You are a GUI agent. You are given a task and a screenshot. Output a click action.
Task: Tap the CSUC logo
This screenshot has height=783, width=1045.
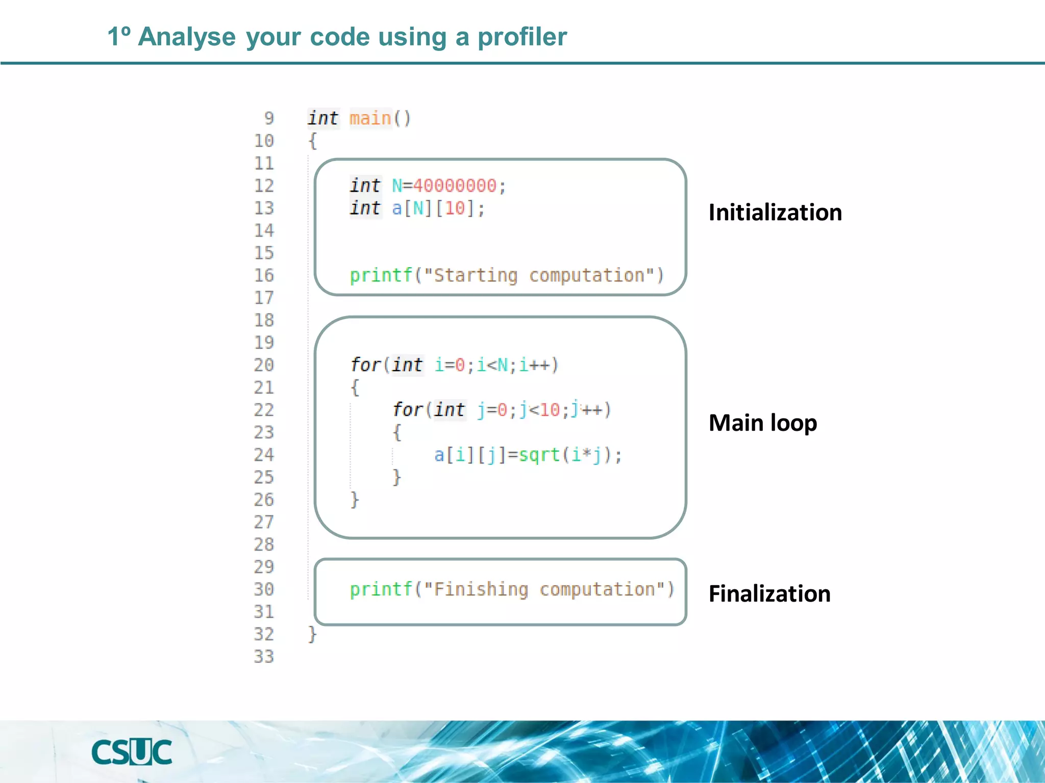point(132,752)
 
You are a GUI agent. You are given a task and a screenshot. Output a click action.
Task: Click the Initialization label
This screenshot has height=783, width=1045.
point(775,213)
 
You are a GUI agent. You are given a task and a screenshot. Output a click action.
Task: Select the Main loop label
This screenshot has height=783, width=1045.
point(762,423)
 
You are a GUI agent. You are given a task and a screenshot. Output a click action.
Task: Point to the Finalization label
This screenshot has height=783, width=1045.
point(769,594)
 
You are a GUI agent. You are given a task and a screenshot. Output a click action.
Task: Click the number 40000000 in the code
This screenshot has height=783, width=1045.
point(454,186)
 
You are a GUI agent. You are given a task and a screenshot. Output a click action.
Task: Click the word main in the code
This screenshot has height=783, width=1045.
point(370,118)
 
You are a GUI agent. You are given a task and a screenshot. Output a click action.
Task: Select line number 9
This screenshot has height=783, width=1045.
point(269,118)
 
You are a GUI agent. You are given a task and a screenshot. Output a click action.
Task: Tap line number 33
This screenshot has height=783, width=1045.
point(264,657)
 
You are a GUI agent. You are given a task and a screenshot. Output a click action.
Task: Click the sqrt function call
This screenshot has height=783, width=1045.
point(539,455)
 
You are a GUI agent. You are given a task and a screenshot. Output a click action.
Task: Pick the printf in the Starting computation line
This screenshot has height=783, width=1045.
point(381,275)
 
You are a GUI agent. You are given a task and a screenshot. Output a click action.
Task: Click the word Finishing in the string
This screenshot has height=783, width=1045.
point(481,589)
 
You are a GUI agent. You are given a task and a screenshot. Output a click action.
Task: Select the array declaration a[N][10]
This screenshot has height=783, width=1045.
point(438,208)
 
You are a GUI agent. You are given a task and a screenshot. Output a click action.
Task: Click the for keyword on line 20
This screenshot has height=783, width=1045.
point(365,365)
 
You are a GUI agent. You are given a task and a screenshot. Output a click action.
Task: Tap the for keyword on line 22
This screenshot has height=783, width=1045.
point(408,410)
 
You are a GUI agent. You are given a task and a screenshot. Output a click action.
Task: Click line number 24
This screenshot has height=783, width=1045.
point(264,455)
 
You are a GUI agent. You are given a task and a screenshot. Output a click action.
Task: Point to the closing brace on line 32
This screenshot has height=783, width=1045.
point(312,634)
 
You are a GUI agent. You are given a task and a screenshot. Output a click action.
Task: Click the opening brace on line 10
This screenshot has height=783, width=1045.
point(312,141)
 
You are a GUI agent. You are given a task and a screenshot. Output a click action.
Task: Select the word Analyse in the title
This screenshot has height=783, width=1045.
point(187,37)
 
